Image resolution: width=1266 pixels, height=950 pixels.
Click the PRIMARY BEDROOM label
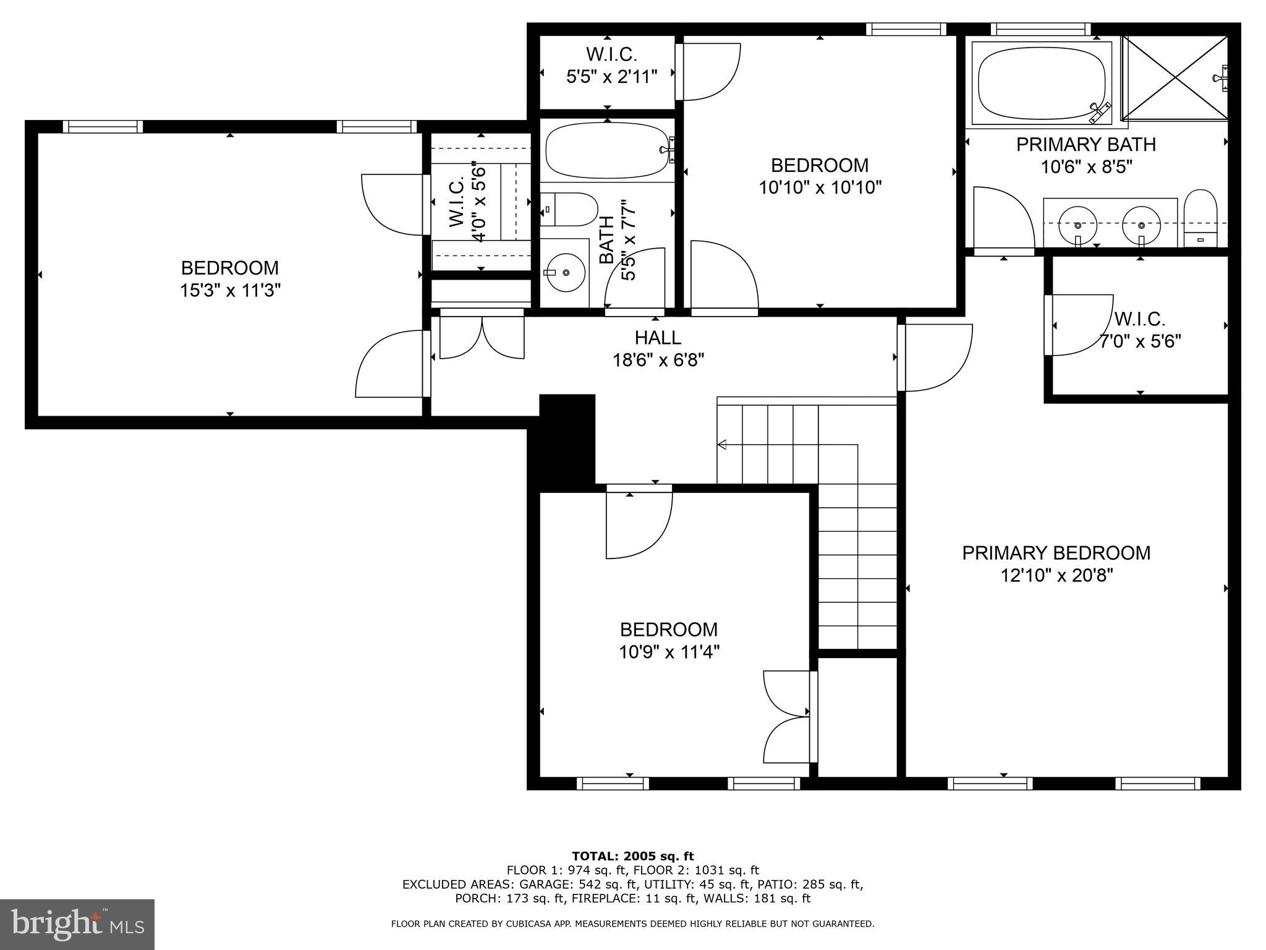click(x=1056, y=552)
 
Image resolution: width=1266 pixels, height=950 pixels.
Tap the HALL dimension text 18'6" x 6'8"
click(x=658, y=360)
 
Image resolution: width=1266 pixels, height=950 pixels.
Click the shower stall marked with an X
click(x=1175, y=77)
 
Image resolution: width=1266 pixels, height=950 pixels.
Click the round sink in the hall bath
click(x=565, y=272)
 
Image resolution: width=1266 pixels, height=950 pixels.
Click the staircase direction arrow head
click(x=721, y=444)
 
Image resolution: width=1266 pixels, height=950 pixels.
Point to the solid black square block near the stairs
click(x=567, y=439)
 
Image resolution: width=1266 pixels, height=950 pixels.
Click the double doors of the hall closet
click(x=482, y=338)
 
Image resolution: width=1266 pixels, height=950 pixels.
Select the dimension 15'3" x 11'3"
click(x=230, y=291)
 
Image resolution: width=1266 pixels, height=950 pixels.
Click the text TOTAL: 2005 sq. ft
click(x=632, y=856)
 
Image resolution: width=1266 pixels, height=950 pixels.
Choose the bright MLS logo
click(x=77, y=924)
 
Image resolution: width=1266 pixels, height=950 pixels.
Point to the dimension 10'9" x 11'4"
click(x=669, y=652)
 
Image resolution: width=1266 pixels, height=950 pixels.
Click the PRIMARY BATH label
click(x=1085, y=144)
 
